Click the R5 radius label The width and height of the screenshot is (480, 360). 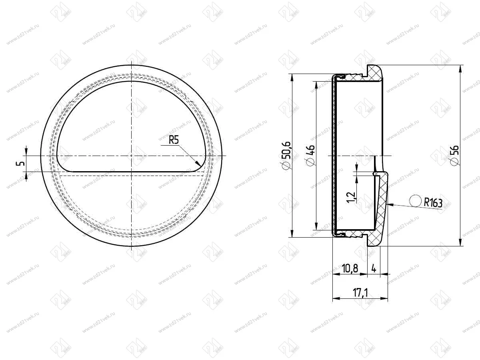174,140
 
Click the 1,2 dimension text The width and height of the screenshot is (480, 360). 352,197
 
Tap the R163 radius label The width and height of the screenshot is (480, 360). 433,203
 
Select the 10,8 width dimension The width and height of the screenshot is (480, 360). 350,268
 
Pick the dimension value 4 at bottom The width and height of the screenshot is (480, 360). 374,268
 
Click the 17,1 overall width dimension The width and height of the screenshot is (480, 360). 360,292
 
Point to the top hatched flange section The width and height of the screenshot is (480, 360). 375,74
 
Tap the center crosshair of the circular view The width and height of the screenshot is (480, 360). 131,155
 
